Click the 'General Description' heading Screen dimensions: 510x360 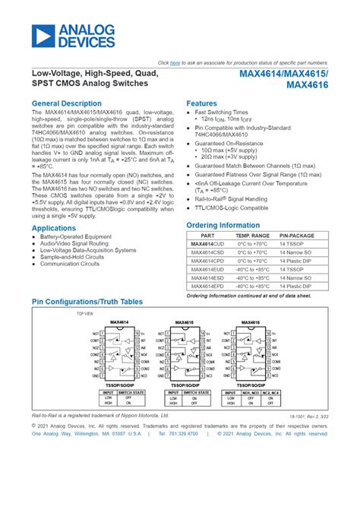coord(67,103)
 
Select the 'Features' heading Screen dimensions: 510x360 coord(201,103)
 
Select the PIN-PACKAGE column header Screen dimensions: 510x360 coord(297,236)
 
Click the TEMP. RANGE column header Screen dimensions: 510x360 coord(250,236)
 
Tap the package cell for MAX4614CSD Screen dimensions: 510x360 coord(297,253)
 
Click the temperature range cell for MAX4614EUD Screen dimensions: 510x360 coord(250,270)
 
